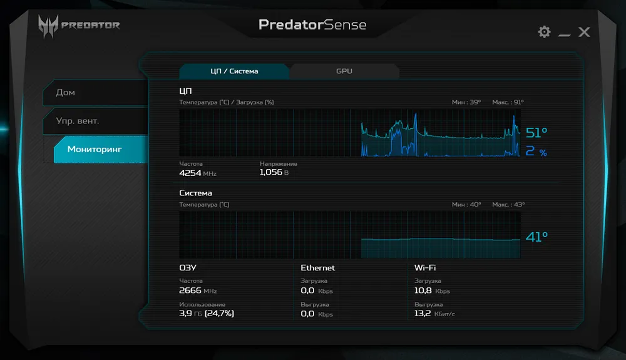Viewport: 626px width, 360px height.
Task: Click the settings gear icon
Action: [x=544, y=32]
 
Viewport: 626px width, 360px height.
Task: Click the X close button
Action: [x=584, y=32]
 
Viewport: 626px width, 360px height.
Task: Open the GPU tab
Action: [x=344, y=71]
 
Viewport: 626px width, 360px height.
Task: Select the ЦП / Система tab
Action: [x=234, y=71]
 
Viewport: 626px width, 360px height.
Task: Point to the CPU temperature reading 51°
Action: [x=536, y=133]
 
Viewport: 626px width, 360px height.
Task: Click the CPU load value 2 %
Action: [x=536, y=152]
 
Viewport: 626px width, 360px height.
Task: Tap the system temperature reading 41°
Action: [x=536, y=237]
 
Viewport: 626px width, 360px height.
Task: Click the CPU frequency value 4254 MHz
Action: [x=197, y=173]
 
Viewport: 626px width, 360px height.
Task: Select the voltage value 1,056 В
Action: [x=274, y=172]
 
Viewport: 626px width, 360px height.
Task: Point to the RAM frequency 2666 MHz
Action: [x=197, y=291]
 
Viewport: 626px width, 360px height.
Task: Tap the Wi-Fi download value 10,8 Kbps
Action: [x=432, y=291]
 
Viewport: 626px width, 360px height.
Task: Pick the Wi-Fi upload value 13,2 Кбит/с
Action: [x=434, y=313]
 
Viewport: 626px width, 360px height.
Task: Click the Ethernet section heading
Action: [x=317, y=268]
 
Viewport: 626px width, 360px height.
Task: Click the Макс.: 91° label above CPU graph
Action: [x=508, y=102]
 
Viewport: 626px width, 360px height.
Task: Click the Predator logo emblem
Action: [x=48, y=26]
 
